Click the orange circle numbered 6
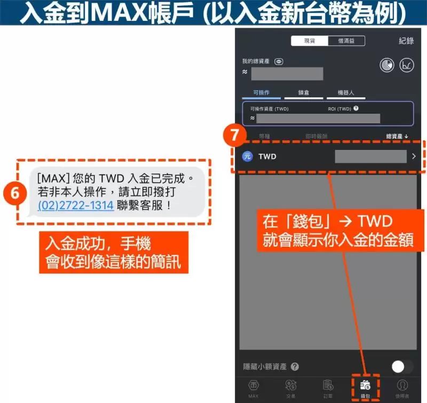click(x=15, y=193)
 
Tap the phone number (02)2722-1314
click(x=76, y=205)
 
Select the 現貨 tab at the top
click(x=310, y=41)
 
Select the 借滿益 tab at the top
click(x=346, y=41)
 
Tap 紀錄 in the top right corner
click(x=406, y=41)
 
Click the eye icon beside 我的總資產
click(x=279, y=61)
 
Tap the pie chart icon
click(x=387, y=65)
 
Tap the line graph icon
click(x=407, y=65)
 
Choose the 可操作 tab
click(x=261, y=92)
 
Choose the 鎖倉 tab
click(x=304, y=92)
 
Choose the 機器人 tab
click(x=346, y=92)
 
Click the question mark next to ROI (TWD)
click(x=356, y=108)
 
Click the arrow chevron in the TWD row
click(x=414, y=156)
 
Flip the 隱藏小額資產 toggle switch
click(x=402, y=366)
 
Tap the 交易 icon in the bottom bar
click(x=291, y=388)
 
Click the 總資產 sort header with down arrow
click(x=397, y=136)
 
